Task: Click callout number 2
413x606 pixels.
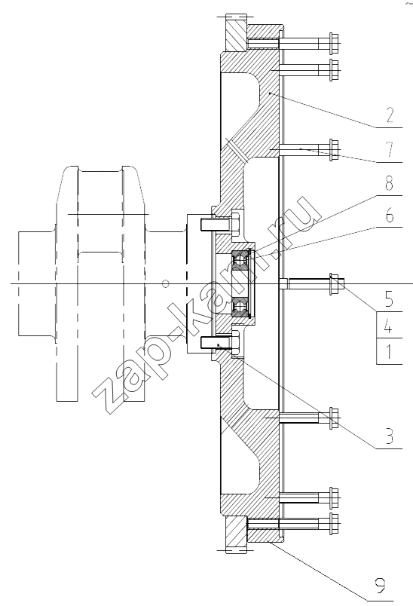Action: point(390,115)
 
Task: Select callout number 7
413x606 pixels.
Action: point(390,149)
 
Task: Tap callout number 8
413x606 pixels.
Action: point(389,183)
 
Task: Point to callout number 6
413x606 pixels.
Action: point(390,215)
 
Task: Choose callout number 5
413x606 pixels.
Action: point(389,299)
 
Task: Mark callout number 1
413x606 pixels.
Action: point(389,352)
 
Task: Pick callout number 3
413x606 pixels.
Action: point(389,435)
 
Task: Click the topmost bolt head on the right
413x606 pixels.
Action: point(335,43)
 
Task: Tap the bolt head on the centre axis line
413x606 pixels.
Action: point(334,284)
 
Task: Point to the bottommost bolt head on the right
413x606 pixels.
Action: point(335,524)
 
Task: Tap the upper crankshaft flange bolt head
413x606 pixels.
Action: point(236,224)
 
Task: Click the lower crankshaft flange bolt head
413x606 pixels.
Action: point(236,342)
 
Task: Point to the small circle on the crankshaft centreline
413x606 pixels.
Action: point(166,283)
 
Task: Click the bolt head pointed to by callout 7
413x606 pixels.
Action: point(335,149)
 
